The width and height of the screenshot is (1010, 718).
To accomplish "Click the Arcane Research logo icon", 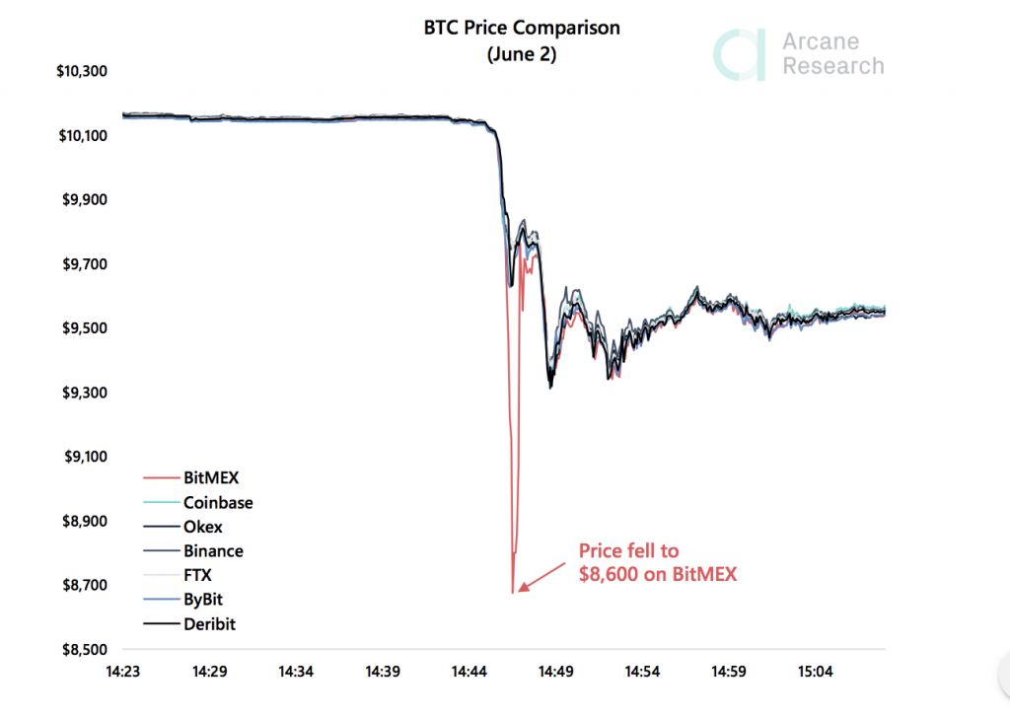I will tap(739, 54).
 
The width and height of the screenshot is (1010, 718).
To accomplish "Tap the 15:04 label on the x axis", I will tap(815, 672).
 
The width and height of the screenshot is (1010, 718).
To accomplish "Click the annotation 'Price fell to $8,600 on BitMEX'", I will tap(657, 562).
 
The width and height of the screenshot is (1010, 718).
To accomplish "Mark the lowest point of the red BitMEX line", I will tap(512, 592).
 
